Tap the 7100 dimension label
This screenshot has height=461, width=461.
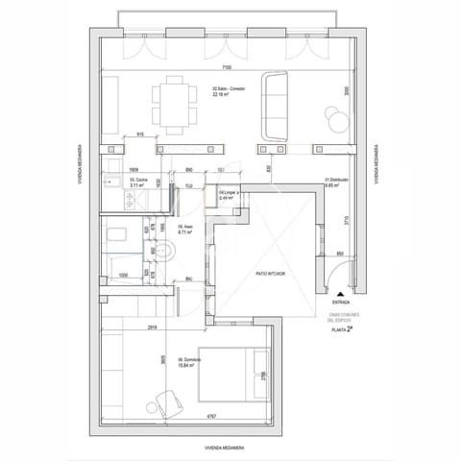[x=225, y=68]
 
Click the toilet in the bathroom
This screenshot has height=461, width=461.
[x=164, y=253]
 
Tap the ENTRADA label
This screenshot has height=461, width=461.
[x=341, y=303]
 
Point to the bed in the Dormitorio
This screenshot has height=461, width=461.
[x=230, y=375]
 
